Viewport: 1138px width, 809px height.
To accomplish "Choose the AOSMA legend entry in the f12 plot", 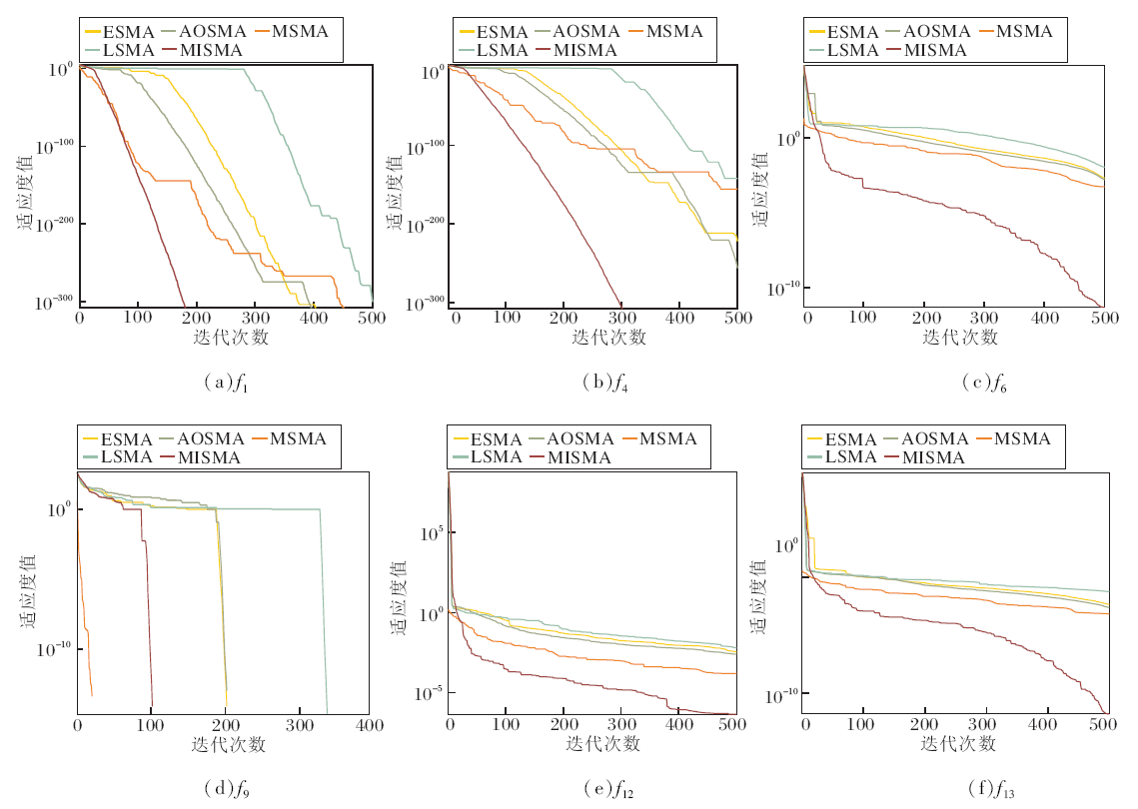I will pos(572,438).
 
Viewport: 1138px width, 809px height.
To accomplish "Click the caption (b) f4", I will pos(600,381).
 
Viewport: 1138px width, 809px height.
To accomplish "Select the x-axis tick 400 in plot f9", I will pos(370,724).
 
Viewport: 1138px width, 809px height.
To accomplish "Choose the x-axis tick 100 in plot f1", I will pos(138,317).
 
